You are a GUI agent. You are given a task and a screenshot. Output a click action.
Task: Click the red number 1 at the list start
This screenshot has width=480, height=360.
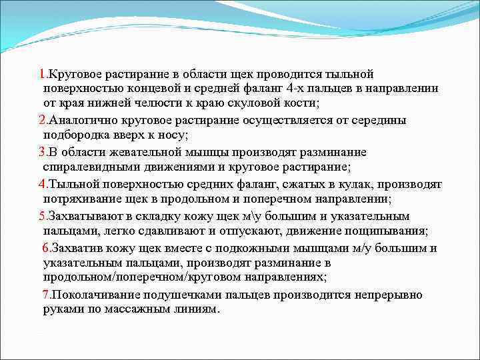[42, 73]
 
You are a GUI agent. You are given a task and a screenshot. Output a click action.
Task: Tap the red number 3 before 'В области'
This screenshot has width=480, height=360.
[42, 152]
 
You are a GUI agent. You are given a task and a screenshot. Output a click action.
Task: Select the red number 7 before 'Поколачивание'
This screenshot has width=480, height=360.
[46, 295]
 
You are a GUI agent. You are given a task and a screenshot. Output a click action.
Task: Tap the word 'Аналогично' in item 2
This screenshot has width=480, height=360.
[82, 120]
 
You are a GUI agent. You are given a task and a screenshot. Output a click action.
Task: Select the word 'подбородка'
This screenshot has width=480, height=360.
[73, 135]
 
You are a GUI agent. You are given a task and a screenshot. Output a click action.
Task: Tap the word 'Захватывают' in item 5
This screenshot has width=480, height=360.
[83, 216]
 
